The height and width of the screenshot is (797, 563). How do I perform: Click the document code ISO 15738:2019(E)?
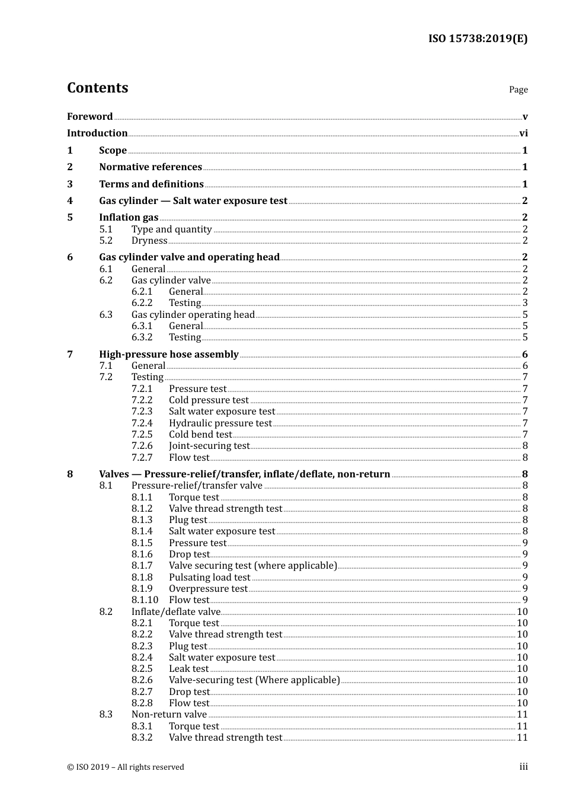tap(478, 39)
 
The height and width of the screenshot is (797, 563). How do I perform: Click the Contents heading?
tap(97, 88)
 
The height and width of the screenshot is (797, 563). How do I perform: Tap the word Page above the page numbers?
tap(518, 90)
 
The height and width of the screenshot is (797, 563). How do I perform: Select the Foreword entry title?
tap(89, 116)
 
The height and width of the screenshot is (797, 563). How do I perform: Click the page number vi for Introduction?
tap(523, 133)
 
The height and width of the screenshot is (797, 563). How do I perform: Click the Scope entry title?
tap(113, 150)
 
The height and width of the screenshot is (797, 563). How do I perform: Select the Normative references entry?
tap(151, 167)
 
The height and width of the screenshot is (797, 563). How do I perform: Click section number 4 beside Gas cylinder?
tap(70, 201)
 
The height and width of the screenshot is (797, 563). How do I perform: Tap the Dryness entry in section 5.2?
tap(149, 241)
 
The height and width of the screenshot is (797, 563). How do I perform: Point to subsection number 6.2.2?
tap(142, 303)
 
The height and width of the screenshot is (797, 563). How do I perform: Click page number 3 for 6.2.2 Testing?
tap(525, 303)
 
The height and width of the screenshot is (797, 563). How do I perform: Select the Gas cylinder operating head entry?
tap(193, 315)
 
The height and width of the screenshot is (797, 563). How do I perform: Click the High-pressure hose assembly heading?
tap(169, 355)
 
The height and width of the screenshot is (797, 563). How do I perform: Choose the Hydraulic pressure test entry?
tap(220, 423)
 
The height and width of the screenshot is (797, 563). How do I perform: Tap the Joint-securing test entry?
tap(209, 446)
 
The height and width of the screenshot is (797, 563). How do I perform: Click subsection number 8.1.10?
tap(145, 600)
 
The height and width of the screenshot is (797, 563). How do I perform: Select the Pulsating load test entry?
tap(209, 578)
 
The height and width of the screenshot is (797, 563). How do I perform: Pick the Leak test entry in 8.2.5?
tap(188, 669)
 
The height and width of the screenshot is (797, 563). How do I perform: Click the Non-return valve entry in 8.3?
tap(169, 715)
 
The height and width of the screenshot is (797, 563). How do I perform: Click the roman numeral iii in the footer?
tap(523, 767)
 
